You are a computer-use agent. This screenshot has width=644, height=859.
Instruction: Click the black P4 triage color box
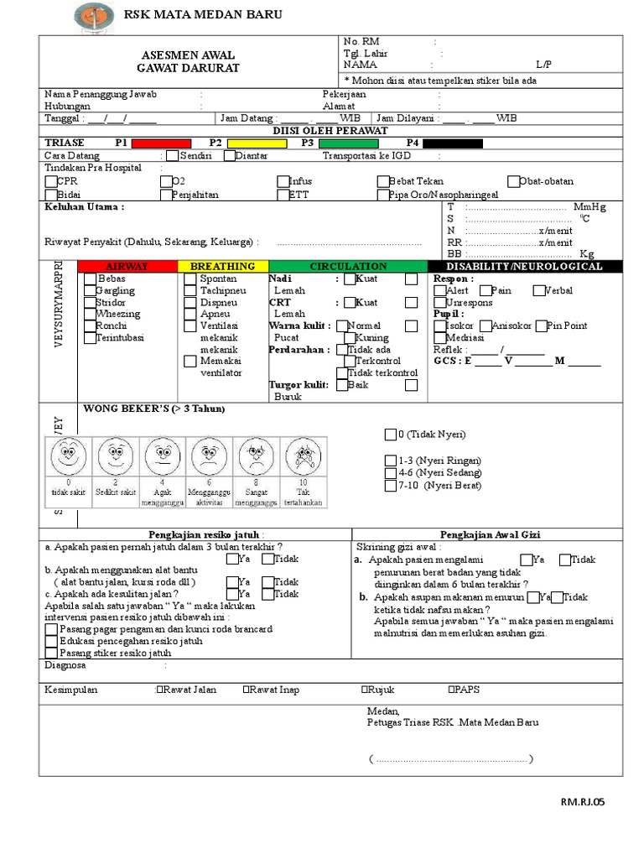pyautogui.click(x=453, y=143)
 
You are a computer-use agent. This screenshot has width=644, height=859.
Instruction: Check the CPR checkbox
pyautogui.click(x=50, y=181)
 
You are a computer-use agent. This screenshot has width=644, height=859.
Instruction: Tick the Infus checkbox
pyautogui.click(x=283, y=181)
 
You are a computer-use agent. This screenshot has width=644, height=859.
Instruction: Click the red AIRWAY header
pyautogui.click(x=128, y=266)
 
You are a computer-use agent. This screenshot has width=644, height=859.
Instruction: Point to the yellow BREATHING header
pyautogui.click(x=222, y=266)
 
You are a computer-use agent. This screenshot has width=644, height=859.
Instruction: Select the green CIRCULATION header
pyautogui.click(x=348, y=266)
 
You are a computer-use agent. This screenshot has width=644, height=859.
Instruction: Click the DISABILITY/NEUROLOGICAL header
pyautogui.click(x=526, y=266)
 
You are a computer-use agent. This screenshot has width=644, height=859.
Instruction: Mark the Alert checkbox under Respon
pyautogui.click(x=439, y=291)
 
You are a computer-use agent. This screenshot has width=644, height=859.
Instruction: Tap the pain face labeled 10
pyautogui.click(x=303, y=457)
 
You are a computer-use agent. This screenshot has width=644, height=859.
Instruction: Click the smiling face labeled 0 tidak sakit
pyautogui.click(x=68, y=457)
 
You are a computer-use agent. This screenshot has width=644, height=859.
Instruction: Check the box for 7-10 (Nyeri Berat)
pyautogui.click(x=390, y=486)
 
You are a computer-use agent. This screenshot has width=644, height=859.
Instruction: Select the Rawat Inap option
pyautogui.click(x=246, y=690)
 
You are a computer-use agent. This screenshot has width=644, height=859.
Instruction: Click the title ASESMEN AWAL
pyautogui.click(x=189, y=54)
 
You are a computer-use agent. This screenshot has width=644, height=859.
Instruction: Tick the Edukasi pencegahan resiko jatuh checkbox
pyautogui.click(x=52, y=641)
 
